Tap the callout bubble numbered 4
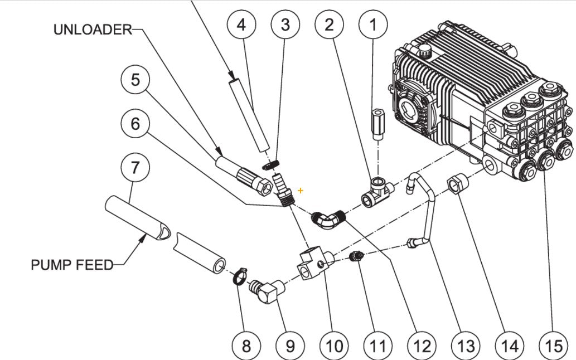pos(241,25)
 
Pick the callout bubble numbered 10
pos(333,346)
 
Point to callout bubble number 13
pos(466,346)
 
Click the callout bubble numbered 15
pos(554,346)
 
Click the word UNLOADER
pos(92,30)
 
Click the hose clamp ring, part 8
pos(239,275)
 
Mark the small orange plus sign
pos(301,191)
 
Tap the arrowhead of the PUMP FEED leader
pos(147,237)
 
